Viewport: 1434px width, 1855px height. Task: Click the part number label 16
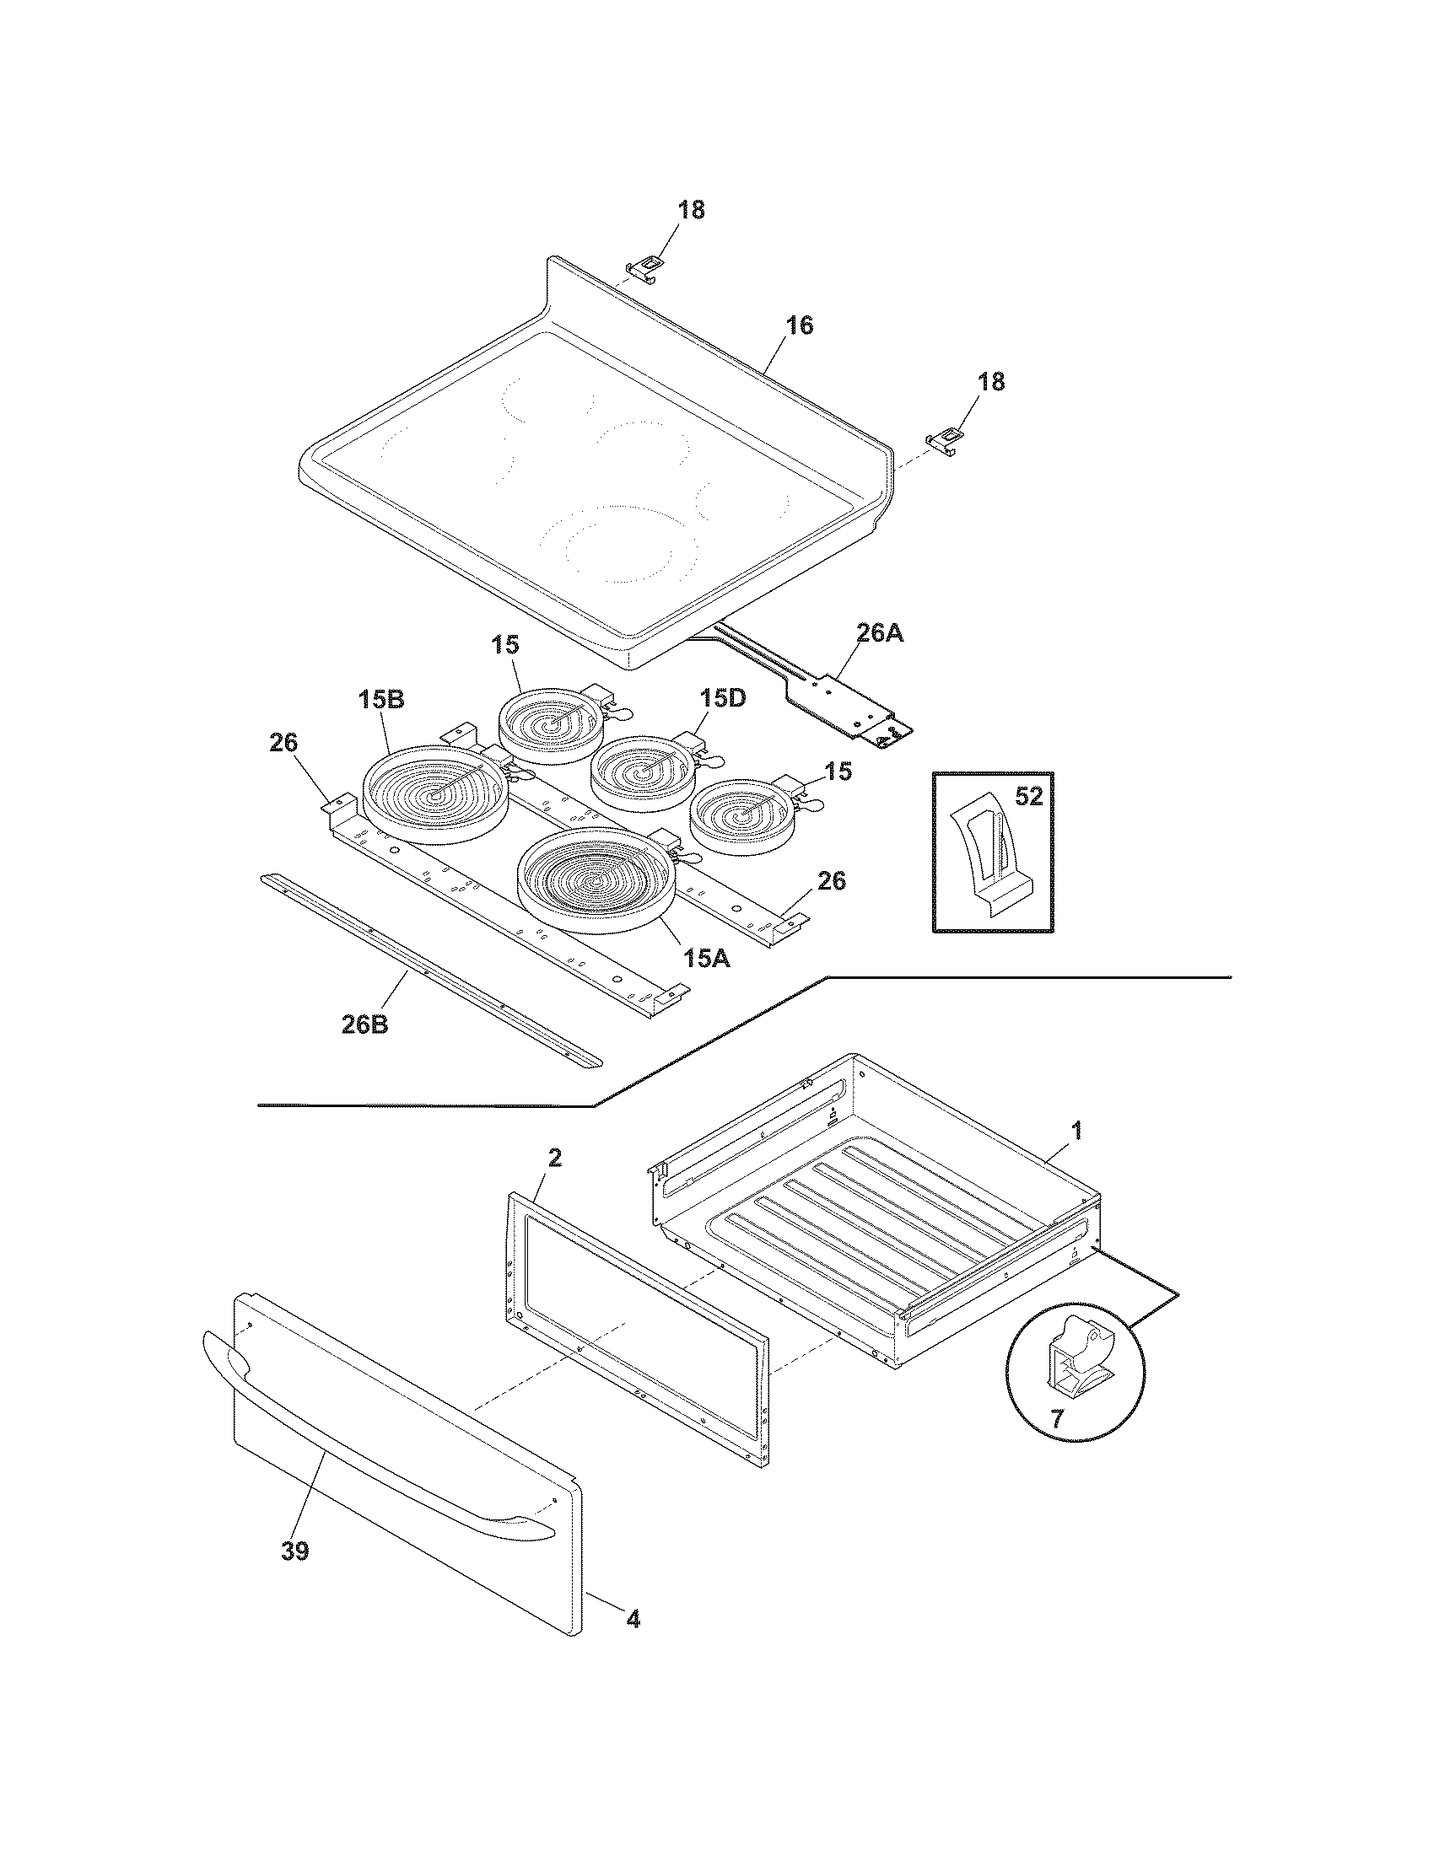coord(799,325)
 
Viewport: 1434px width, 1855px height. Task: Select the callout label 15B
coord(380,700)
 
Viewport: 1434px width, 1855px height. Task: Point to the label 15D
coord(723,698)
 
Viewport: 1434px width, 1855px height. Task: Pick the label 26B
coord(364,1024)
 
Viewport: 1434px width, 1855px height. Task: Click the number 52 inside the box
coord(1028,798)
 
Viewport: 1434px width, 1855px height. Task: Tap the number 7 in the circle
coord(1056,1418)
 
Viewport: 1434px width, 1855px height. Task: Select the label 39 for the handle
coord(294,1551)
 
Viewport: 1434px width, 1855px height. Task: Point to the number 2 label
coord(554,1158)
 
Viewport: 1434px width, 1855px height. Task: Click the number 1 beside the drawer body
coord(1076,1131)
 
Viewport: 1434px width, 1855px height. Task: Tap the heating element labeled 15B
coord(435,795)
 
